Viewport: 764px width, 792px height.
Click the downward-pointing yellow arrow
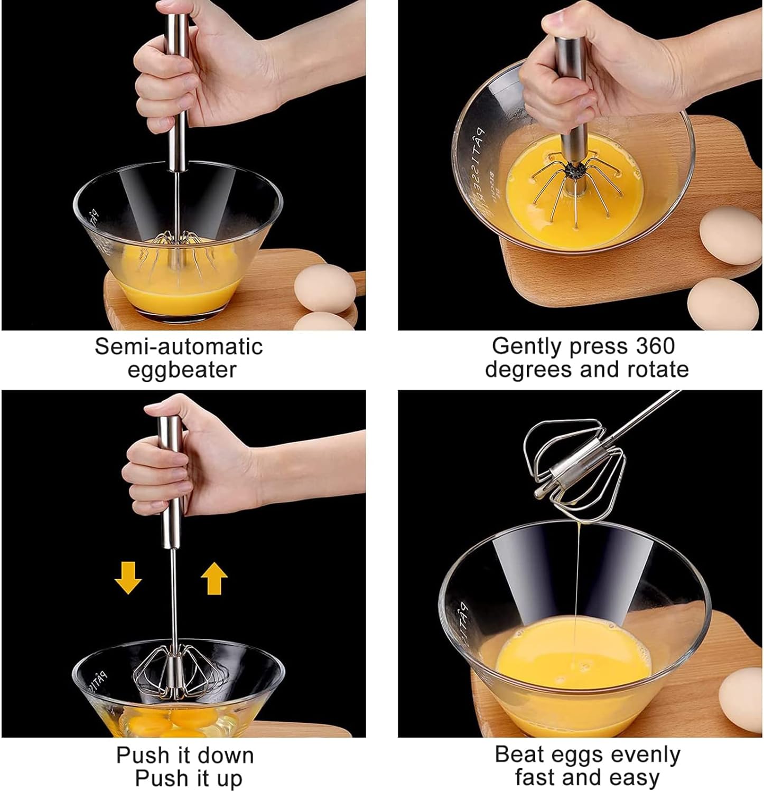click(x=128, y=578)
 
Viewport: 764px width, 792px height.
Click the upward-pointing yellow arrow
click(x=214, y=578)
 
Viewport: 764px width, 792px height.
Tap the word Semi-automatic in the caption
click(x=179, y=346)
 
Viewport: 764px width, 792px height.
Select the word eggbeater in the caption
click(x=182, y=370)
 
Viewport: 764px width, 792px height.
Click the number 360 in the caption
click(x=655, y=346)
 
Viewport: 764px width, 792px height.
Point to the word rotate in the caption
click(x=658, y=369)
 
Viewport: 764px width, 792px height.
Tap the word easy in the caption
click(x=634, y=778)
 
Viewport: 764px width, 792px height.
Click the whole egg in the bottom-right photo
click(x=742, y=700)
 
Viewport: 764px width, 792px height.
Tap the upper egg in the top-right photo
click(x=732, y=235)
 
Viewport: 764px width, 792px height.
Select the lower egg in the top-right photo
click(x=723, y=304)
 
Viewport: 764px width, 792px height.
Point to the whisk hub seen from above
click(x=575, y=170)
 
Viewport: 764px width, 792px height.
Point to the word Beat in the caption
click(x=517, y=755)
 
